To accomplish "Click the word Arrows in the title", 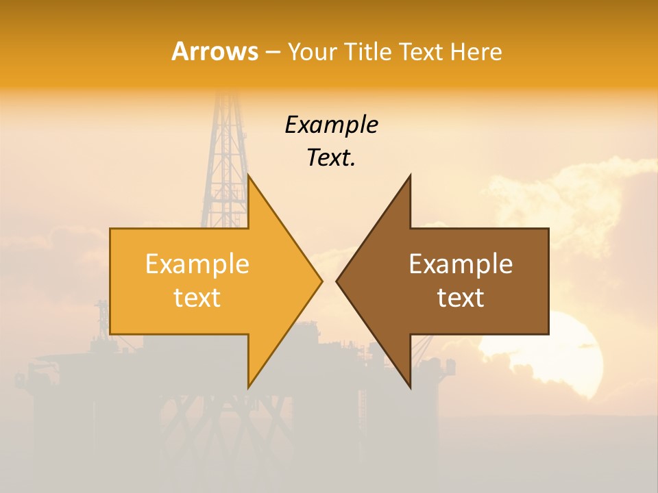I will click(215, 51).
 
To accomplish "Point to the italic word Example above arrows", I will click(331, 125).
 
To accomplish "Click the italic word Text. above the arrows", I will click(331, 157).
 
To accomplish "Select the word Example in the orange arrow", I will click(197, 264).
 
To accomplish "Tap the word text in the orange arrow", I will click(197, 297).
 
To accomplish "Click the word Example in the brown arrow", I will click(461, 264).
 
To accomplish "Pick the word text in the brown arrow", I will click(461, 297).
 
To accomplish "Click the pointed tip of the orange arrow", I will click(321, 281).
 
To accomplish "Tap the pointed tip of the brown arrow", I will click(337, 281).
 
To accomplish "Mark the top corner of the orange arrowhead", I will click(248, 175).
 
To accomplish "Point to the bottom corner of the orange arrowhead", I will click(248, 388).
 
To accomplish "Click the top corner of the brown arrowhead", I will click(410, 175).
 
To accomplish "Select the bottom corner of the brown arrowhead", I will click(410, 388).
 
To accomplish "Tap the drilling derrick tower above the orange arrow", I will click(223, 157).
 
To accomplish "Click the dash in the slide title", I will click(272, 52).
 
